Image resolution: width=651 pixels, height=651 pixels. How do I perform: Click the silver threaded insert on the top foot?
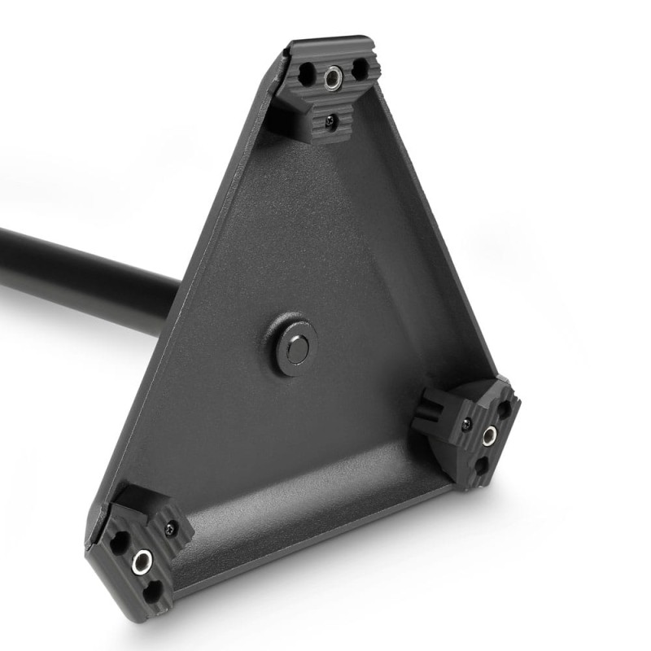click(x=332, y=77)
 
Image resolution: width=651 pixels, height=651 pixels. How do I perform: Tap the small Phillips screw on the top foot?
click(x=330, y=121)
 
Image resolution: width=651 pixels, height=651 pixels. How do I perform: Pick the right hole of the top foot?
click(x=359, y=71)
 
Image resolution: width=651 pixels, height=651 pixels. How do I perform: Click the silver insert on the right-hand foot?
click(x=489, y=438)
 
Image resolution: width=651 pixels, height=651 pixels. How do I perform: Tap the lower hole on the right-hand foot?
click(x=481, y=466)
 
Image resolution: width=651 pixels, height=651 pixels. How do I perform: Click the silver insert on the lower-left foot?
click(x=143, y=560)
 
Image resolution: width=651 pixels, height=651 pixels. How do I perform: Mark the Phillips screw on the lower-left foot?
click(x=170, y=526)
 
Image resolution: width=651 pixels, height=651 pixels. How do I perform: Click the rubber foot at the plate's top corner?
click(x=325, y=90)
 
